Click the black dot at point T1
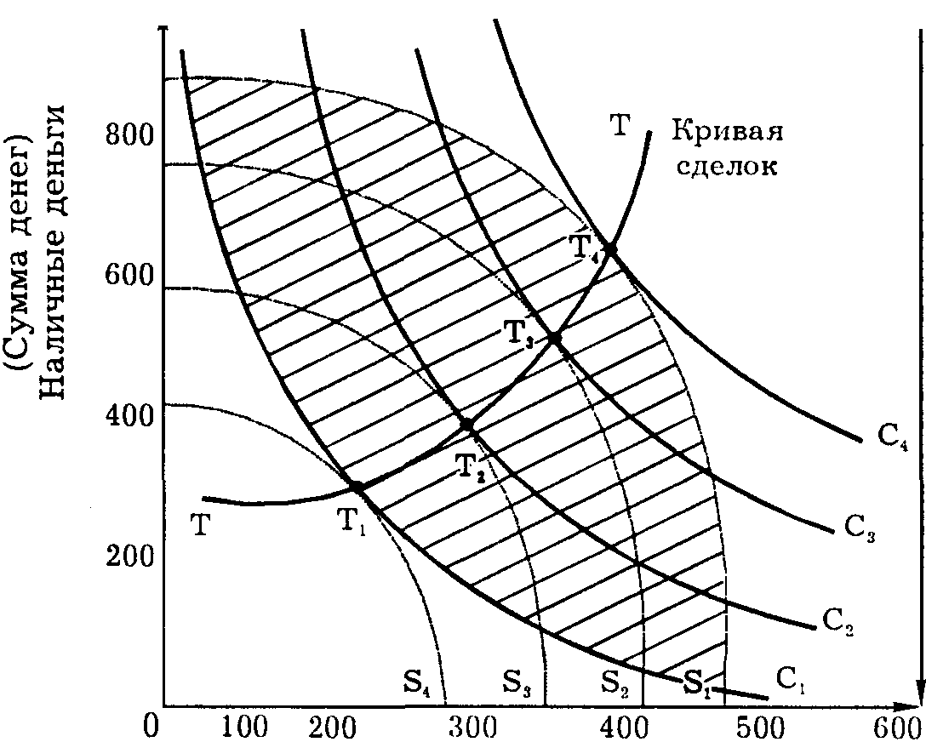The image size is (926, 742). click(357, 487)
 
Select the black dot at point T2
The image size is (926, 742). click(467, 425)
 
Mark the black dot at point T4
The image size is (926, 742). click(609, 248)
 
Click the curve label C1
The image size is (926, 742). click(789, 679)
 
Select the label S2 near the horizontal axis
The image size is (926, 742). click(618, 682)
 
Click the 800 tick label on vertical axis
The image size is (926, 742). click(129, 135)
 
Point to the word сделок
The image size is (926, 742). click(726, 166)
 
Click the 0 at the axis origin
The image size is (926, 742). click(151, 726)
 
